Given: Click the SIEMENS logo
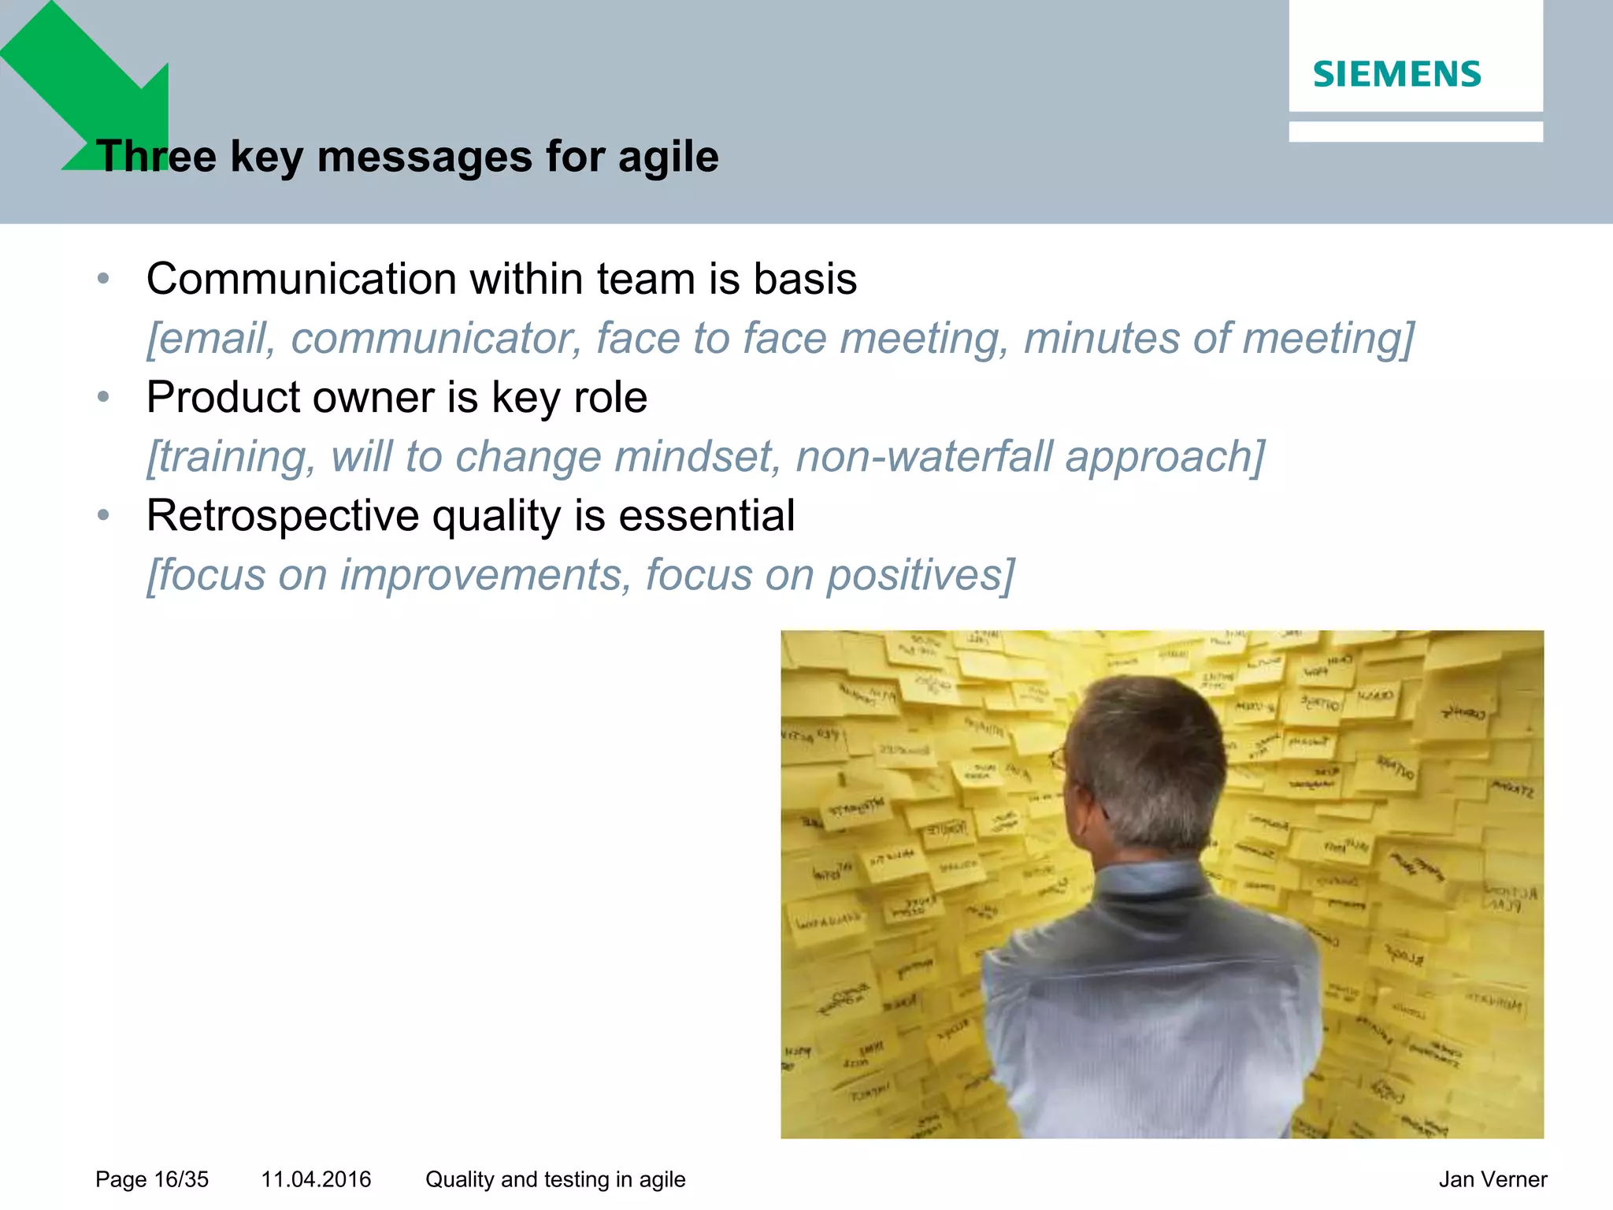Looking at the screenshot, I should click(x=1396, y=74).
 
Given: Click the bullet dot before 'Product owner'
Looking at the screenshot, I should click(x=102, y=397).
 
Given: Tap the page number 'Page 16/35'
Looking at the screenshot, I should click(x=152, y=1179).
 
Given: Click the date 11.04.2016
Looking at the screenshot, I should click(x=316, y=1179).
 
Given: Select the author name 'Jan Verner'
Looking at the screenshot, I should click(x=1492, y=1179).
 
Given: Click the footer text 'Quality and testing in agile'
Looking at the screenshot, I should click(x=555, y=1179).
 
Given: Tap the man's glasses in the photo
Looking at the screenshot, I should click(x=1059, y=758).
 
